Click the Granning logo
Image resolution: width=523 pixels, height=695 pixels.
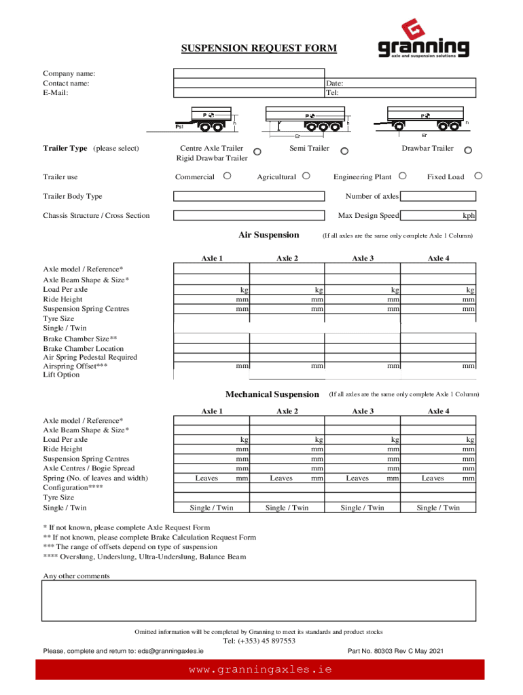click(423, 40)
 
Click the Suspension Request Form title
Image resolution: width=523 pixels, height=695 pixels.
click(258, 49)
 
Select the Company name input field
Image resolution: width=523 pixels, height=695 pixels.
click(324, 73)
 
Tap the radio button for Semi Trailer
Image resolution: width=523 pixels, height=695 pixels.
click(344, 151)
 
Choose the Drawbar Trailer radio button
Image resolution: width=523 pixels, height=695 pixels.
click(468, 151)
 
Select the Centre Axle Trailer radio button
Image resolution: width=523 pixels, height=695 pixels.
click(257, 151)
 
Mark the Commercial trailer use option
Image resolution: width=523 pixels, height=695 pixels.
click(227, 176)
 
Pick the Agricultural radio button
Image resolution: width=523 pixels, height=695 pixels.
click(306, 176)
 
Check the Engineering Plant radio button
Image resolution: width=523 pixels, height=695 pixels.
click(403, 176)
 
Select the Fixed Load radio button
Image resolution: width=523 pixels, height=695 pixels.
click(478, 176)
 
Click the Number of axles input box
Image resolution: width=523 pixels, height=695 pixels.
click(437, 196)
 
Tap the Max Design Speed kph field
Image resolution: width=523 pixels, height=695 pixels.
click(437, 216)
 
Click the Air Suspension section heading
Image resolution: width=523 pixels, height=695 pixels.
click(268, 235)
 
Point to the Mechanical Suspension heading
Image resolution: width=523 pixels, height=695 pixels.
click(272, 394)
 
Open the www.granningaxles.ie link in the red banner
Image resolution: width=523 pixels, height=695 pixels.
click(260, 669)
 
